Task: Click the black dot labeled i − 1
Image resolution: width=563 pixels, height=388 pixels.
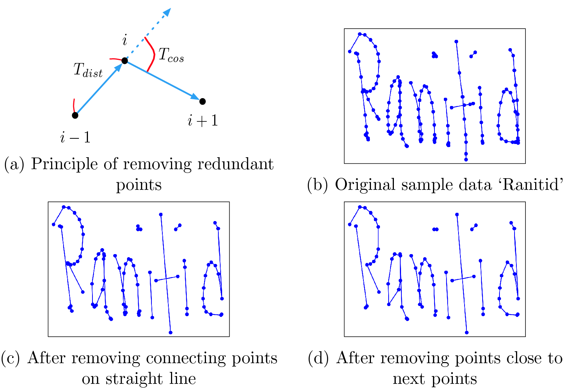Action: [x=75, y=115]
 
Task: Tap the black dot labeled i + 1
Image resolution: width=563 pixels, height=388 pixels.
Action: [x=202, y=101]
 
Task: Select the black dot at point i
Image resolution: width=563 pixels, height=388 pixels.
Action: [x=125, y=61]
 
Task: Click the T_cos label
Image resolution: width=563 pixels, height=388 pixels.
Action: [x=171, y=55]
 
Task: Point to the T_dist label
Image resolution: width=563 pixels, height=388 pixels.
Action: [x=88, y=70]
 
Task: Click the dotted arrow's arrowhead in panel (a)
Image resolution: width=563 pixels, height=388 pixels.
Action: [x=167, y=12]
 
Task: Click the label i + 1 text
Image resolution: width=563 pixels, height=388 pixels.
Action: [x=203, y=121]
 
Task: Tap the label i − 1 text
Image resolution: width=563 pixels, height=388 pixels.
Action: [x=75, y=138]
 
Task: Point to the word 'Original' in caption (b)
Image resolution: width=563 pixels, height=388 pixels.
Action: [x=362, y=185]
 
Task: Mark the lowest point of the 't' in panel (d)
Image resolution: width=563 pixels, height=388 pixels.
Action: [x=467, y=332]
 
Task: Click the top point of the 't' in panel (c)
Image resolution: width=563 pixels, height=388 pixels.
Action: [x=161, y=214]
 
